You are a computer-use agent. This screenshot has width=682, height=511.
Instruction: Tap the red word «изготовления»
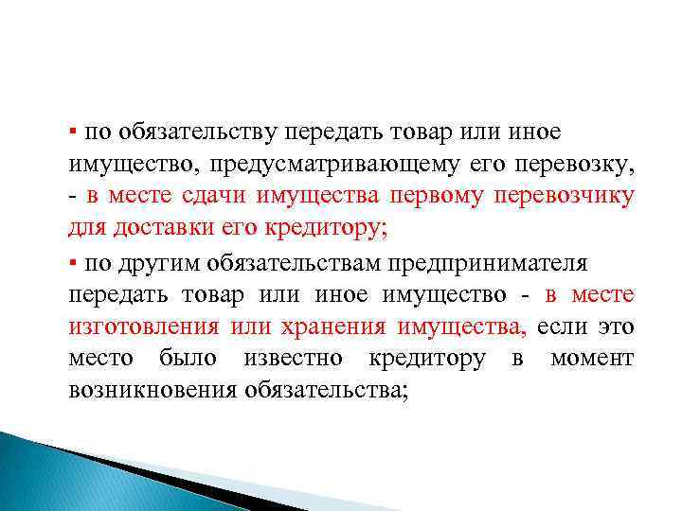pyautogui.click(x=142, y=327)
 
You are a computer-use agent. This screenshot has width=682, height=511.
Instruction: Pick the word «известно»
pyautogui.click(x=296, y=360)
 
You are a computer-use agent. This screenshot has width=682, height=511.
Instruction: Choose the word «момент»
pyautogui.click(x=592, y=360)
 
